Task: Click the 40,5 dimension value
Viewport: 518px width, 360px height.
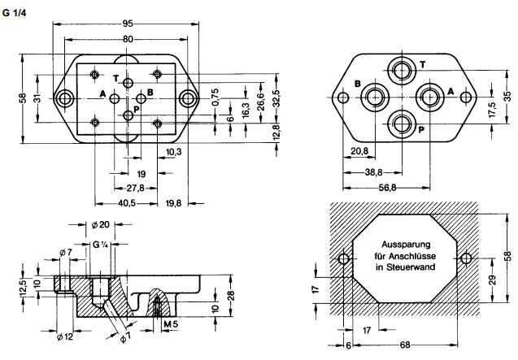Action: (125, 203)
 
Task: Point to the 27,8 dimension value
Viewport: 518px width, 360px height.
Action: (134, 188)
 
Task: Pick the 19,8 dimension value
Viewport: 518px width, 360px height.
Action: (173, 203)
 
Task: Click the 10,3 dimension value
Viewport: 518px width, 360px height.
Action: (172, 152)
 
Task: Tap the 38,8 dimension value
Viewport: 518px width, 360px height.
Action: (373, 171)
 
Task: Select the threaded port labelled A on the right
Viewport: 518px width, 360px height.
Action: (430, 97)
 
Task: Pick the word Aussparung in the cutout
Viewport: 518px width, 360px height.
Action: (399, 244)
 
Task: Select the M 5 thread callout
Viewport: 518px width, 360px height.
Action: (169, 325)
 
